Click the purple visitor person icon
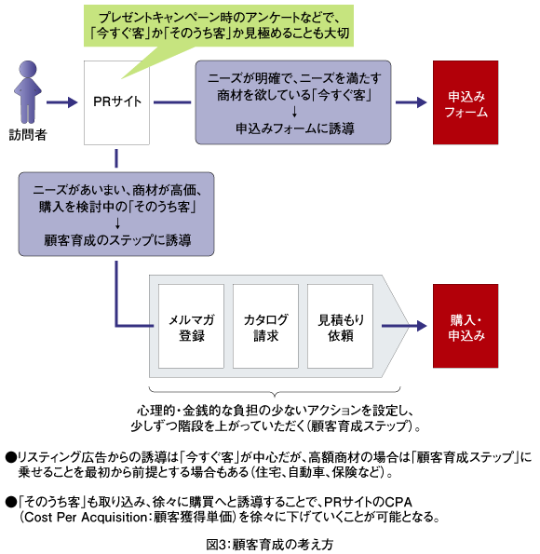28,92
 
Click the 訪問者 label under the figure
28,135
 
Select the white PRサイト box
116,102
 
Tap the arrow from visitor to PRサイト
61,102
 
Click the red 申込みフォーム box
466,102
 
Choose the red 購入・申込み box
466,326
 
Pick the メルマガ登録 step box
191,326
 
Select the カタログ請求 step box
265,326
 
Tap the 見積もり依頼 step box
340,326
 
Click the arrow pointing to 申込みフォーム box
411,102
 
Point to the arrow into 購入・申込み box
404,326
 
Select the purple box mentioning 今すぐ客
293,102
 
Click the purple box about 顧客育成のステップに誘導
116,214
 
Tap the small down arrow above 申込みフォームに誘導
294,112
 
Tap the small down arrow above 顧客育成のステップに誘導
117,223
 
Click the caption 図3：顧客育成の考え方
270,545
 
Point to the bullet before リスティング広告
11,457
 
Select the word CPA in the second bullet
398,502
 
